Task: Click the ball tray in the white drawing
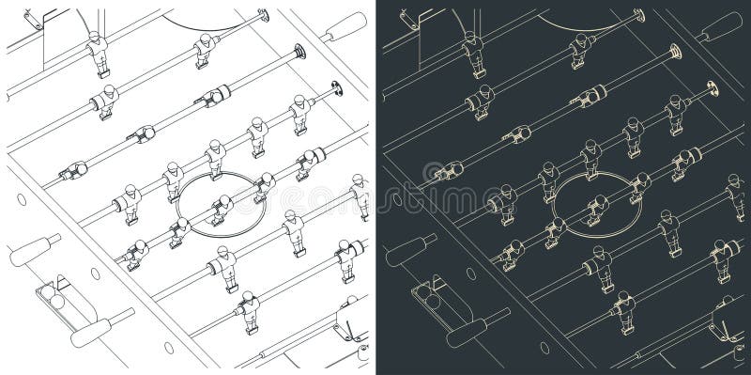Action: click(56, 298)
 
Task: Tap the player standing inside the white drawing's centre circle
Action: click(222, 209)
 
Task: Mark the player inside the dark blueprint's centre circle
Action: click(598, 209)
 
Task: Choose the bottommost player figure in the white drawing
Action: click(249, 312)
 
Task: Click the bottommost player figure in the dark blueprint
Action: click(624, 312)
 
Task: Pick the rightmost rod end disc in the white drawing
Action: click(334, 91)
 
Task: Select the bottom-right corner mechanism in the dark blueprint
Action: click(723, 320)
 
